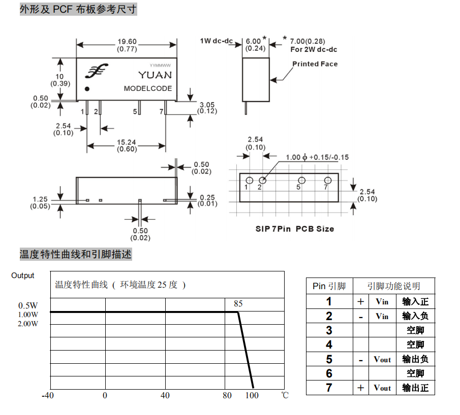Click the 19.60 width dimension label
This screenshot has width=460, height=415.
point(127,42)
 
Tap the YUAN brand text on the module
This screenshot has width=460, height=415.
point(155,75)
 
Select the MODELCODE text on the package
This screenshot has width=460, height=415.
point(148,88)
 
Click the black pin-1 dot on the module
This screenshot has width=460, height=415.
point(87,89)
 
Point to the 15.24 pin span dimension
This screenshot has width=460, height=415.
point(127,143)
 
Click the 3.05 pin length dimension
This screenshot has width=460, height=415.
point(207,105)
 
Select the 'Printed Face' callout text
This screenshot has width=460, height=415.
point(315,64)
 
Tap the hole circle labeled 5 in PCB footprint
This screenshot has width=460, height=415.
point(301,181)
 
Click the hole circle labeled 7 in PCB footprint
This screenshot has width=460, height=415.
point(328,181)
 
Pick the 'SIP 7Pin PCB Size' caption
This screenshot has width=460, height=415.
point(294,229)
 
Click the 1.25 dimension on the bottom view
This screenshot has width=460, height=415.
point(40,199)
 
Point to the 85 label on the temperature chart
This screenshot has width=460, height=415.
point(238,304)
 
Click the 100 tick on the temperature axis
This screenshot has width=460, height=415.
point(252,395)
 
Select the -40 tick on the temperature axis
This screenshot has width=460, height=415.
point(48,395)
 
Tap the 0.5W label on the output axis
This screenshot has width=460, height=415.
point(28,305)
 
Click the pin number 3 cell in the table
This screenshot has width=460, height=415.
point(329,330)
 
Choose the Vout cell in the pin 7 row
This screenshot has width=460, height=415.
point(382,388)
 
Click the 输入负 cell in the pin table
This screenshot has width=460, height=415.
point(415,316)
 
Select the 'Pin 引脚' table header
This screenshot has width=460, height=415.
point(329,286)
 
